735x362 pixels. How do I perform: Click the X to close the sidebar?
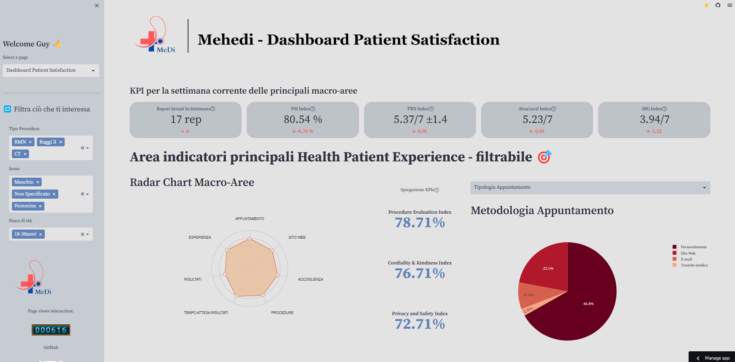[x=97, y=6]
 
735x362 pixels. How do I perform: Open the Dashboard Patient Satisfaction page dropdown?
[x=51, y=71]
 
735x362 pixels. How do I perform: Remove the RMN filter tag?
[x=30, y=142]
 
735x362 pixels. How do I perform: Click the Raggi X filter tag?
[x=48, y=142]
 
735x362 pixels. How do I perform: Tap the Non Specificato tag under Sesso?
[x=32, y=194]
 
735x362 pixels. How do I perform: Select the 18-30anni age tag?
[x=25, y=234]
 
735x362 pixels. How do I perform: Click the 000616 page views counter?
[x=51, y=330]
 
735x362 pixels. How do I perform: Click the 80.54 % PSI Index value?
[x=303, y=119]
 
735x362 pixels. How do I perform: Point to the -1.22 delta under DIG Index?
[x=654, y=131]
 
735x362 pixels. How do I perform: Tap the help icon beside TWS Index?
[x=432, y=109]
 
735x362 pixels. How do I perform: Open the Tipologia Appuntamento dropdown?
[x=590, y=188]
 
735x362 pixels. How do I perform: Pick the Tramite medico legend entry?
[x=694, y=265]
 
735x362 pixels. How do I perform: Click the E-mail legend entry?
[x=686, y=259]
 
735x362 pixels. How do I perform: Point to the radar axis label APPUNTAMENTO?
[x=249, y=219]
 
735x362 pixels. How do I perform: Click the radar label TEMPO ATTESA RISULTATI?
[x=206, y=313]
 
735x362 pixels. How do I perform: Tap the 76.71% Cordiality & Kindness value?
[x=420, y=274]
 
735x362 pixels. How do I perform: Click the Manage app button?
[x=717, y=358]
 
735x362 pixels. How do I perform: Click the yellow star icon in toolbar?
[x=706, y=5]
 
